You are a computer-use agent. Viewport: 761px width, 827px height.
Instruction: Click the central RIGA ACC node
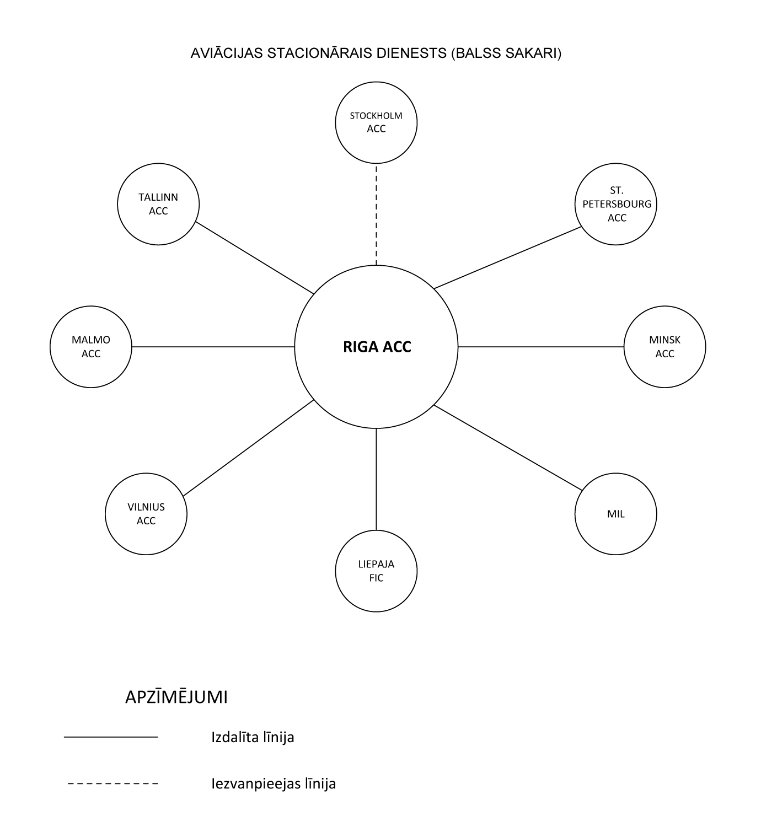point(376,347)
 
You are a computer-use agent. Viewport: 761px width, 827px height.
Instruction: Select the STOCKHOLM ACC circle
point(376,122)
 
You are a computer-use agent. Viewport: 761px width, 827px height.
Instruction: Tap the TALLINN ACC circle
point(158,204)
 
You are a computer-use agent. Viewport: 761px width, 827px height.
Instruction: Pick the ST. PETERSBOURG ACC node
point(616,204)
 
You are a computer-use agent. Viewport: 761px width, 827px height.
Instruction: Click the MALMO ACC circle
point(91,347)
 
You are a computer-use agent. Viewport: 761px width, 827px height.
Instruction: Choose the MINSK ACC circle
point(665,347)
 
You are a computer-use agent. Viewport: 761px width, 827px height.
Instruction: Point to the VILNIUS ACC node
point(146,514)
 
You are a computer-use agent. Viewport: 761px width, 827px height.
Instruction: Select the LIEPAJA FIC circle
point(376,571)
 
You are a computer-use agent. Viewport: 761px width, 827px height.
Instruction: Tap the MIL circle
point(616,514)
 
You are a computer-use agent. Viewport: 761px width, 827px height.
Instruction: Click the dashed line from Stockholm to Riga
point(376,214)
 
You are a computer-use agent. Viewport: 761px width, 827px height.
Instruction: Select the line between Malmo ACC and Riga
point(213,347)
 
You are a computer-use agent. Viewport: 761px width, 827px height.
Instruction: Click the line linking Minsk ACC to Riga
point(541,347)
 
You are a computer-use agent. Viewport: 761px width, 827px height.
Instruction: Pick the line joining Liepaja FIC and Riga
point(376,480)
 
